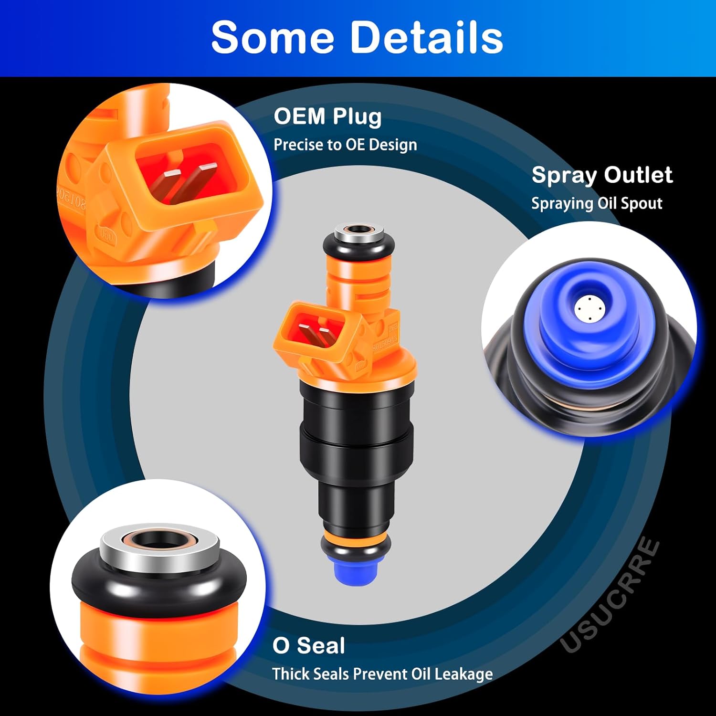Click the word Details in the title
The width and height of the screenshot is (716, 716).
pos(427,37)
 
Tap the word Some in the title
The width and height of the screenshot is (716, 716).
pos(273,37)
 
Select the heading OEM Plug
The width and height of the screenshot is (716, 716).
pos(327,116)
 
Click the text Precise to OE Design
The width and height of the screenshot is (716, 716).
pos(345,145)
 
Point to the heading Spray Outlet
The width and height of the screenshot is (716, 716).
pos(602,175)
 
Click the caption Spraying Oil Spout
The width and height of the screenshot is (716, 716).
pos(597,203)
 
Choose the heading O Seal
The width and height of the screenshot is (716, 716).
pos(308,645)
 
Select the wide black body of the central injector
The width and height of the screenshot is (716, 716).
pos(356,430)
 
